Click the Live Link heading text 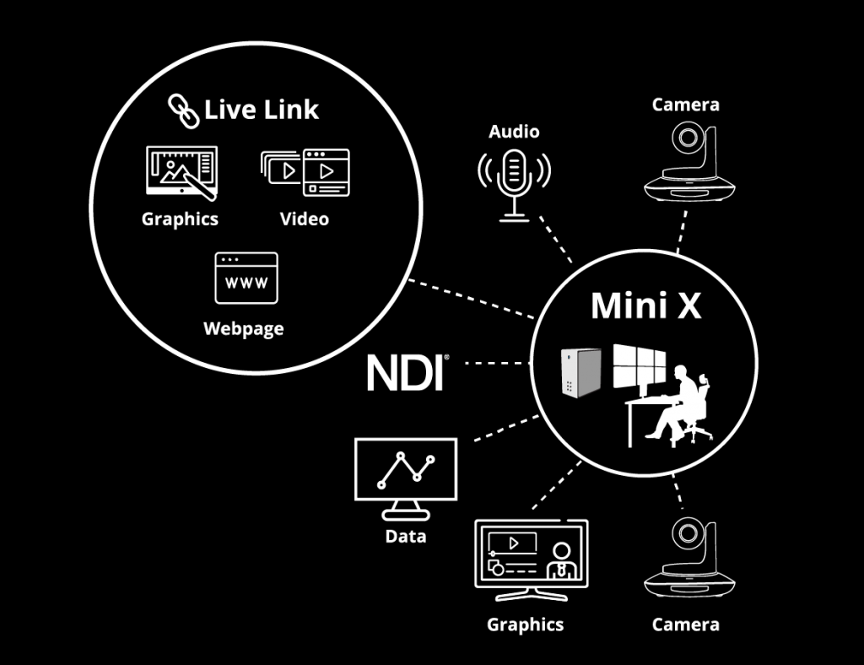(x=262, y=110)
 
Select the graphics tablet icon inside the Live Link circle (x=181, y=173)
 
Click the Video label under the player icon (x=305, y=219)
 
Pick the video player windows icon (x=304, y=172)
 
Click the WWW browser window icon (x=246, y=278)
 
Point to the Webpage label (x=244, y=328)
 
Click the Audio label (x=514, y=132)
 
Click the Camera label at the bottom (x=685, y=624)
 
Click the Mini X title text (x=645, y=305)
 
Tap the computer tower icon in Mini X (x=581, y=372)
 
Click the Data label (x=405, y=537)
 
